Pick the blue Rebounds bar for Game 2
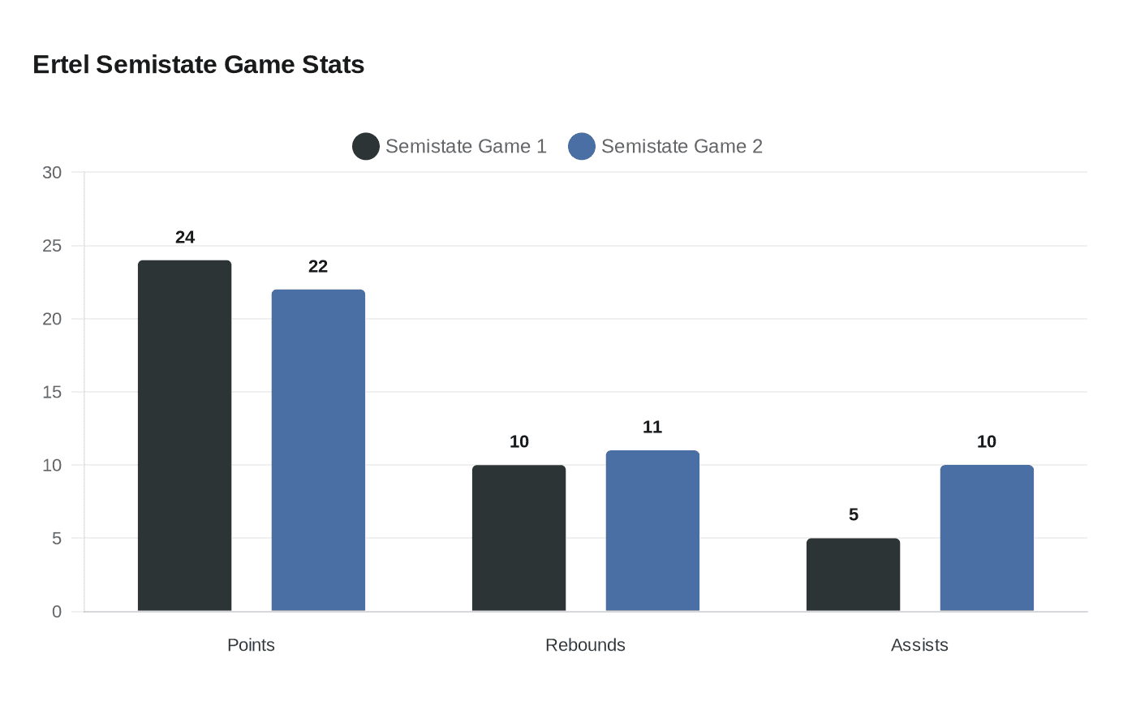pos(652,531)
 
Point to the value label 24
pos(185,237)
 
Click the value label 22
pos(318,266)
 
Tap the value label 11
pos(652,427)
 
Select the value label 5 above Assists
pos(854,514)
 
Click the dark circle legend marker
pos(366,146)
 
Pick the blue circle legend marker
pos(582,146)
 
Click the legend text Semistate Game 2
pos(682,146)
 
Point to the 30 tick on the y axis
pos(52,172)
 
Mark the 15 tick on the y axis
pos(52,392)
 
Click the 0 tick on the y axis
pos(57,612)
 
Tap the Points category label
pos(251,645)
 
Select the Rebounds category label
pos(585,645)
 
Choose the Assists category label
pos(919,645)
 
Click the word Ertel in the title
pos(61,64)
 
